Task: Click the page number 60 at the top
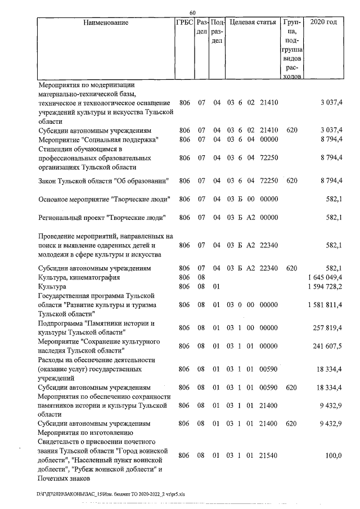pyautogui.click(x=192, y=12)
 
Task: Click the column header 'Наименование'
pyautogui.click(x=105, y=23)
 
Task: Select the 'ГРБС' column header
pyautogui.click(x=184, y=23)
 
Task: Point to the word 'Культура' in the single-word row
pyautogui.click(x=53, y=287)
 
